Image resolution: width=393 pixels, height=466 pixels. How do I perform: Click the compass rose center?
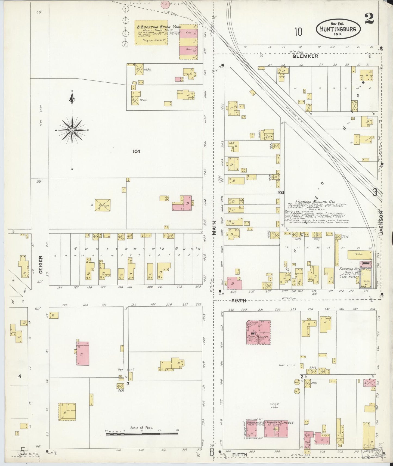(72, 131)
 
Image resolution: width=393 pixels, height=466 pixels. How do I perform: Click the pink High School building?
(258, 332)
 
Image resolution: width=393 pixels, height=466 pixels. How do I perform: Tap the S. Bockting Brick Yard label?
(152, 27)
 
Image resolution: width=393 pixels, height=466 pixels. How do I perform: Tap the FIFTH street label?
(239, 454)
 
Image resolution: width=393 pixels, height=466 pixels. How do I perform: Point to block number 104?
(136, 151)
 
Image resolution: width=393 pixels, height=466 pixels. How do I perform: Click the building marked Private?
(102, 206)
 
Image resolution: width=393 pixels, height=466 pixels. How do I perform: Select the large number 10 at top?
(298, 32)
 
